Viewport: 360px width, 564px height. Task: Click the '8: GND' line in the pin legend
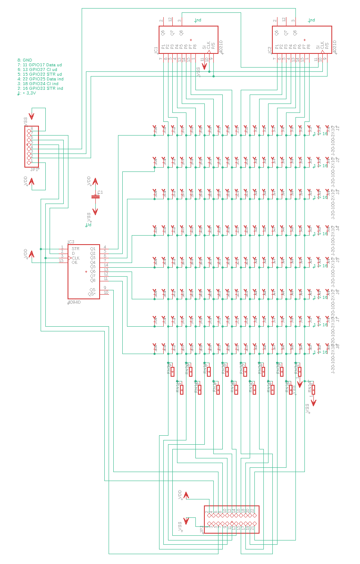click(25, 60)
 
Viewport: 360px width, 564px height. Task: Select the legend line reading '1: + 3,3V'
click(27, 93)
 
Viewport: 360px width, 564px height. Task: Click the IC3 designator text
click(71, 242)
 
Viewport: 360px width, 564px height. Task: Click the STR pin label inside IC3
click(76, 248)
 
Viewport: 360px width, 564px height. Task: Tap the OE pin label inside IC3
click(75, 262)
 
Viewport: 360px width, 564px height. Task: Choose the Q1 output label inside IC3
click(92, 248)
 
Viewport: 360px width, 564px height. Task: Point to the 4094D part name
click(74, 302)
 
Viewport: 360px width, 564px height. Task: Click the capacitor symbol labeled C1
click(96, 196)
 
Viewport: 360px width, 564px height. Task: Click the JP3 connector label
click(201, 529)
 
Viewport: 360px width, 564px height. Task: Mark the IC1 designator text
click(156, 50)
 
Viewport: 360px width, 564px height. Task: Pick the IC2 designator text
click(269, 50)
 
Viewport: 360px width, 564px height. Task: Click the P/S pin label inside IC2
click(327, 46)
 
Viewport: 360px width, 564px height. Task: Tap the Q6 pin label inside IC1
click(163, 32)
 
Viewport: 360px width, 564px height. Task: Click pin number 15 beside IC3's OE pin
click(61, 260)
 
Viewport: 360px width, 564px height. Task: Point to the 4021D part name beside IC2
click(335, 47)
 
